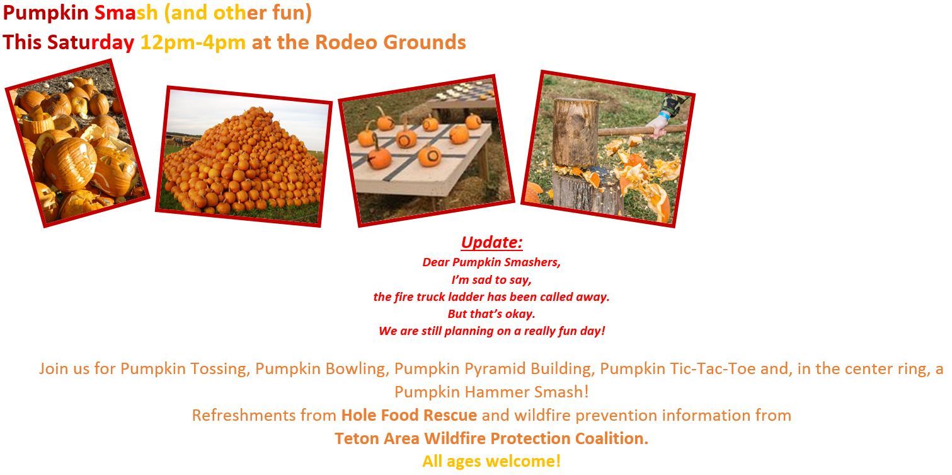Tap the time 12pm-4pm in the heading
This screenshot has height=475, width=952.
[193, 43]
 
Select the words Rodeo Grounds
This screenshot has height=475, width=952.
[390, 43]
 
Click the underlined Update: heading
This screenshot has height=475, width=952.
[491, 243]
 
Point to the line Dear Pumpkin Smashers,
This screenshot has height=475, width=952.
[491, 262]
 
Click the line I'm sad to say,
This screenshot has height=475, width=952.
[491, 279]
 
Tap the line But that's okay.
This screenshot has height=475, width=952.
[491, 314]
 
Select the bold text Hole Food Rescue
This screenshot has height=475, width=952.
[409, 416]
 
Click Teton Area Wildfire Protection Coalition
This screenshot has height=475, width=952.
[491, 438]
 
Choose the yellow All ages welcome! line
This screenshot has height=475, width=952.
[491, 461]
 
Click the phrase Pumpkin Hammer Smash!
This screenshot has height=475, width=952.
[491, 392]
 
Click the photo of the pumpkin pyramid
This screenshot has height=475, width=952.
[243, 156]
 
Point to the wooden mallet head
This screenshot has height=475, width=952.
[575, 132]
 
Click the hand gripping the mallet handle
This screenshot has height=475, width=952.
[659, 127]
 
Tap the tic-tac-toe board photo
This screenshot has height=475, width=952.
[427, 150]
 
